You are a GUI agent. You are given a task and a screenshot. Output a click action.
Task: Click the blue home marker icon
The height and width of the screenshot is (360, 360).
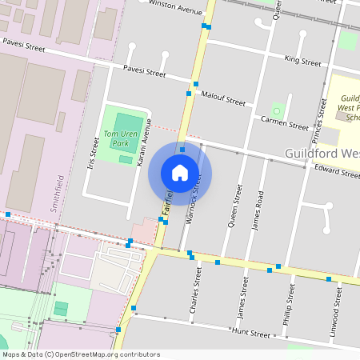pyautogui.click(x=180, y=173)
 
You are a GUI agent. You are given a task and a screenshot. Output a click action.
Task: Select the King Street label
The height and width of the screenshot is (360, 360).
pyautogui.click(x=302, y=61)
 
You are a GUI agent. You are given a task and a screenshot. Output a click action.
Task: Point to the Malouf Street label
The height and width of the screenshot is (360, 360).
pyautogui.click(x=224, y=99)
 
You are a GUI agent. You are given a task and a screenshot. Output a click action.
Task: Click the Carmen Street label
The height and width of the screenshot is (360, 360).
pyautogui.click(x=284, y=123)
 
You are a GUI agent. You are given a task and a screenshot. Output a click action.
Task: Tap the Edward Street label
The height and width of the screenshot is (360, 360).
pyautogui.click(x=336, y=170)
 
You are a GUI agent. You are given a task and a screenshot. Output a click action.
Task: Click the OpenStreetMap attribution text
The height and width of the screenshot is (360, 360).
pyautogui.click(x=80, y=354)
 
